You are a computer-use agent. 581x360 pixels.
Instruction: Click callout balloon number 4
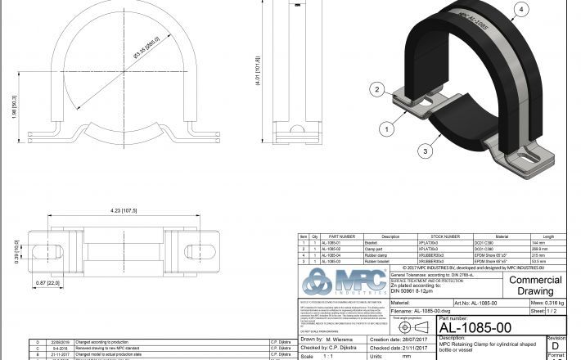tap(520, 11)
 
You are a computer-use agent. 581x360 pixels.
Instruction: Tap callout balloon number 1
tap(382, 128)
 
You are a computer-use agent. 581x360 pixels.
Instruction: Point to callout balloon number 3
tap(427, 151)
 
